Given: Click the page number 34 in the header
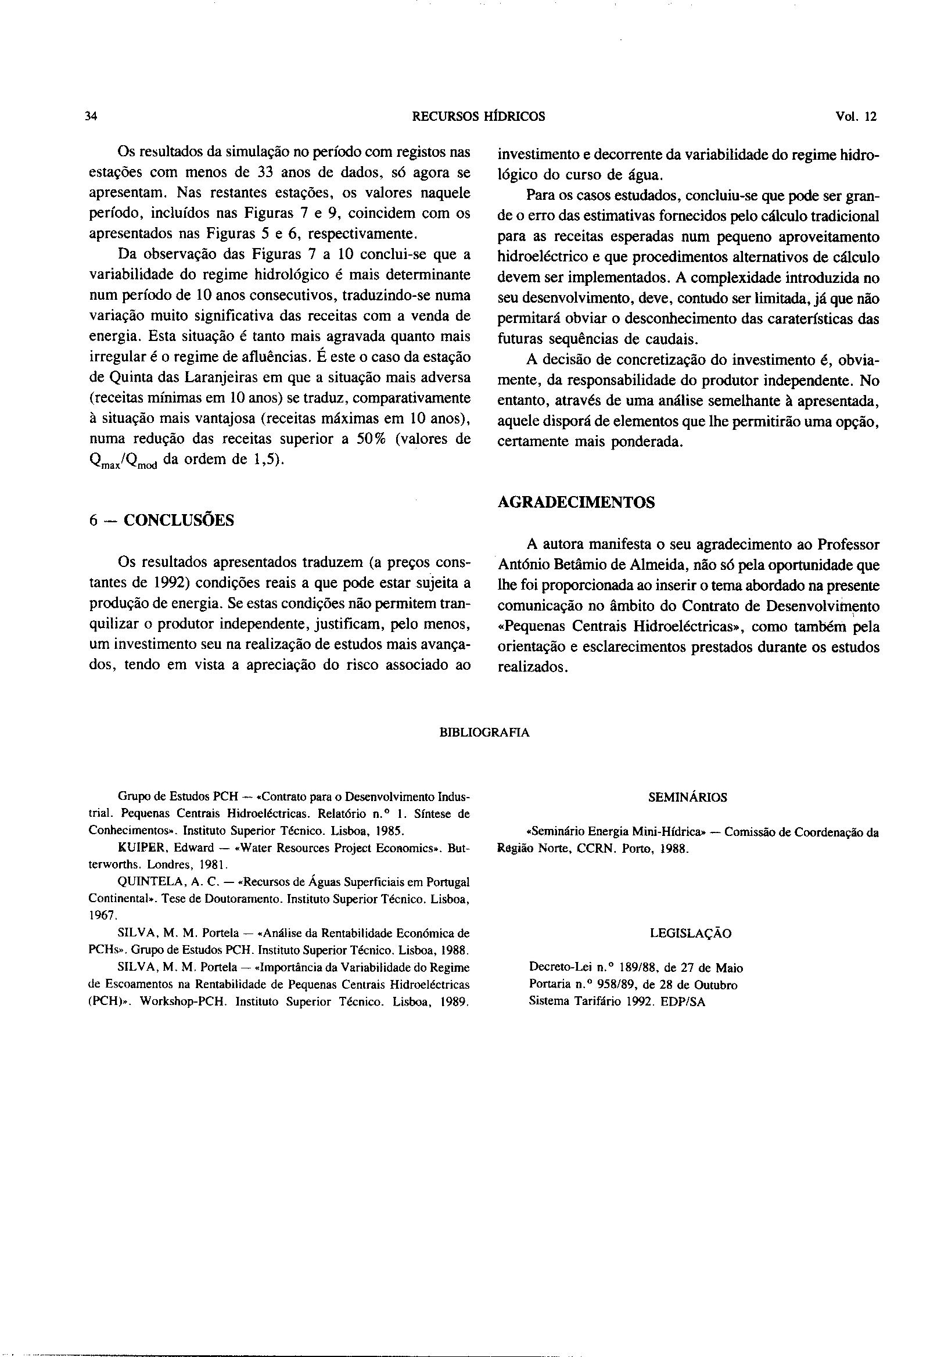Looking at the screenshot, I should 91,116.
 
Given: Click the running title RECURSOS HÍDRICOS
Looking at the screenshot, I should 478,116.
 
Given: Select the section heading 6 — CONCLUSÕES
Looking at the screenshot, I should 161,520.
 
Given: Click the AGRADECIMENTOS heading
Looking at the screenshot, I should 576,502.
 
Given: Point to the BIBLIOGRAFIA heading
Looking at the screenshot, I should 484,733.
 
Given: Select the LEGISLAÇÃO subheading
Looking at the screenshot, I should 690,934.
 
